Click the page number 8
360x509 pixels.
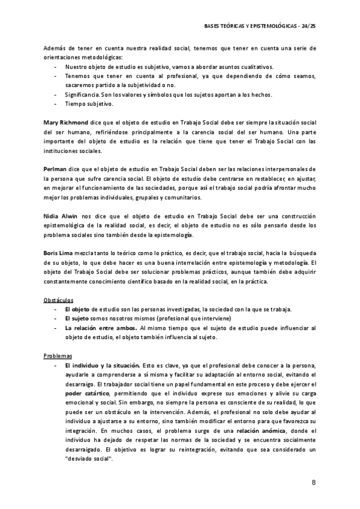pyautogui.click(x=314, y=483)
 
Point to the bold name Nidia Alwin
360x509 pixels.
pyautogui.click(x=60, y=216)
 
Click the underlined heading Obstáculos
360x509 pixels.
pyautogui.click(x=58, y=298)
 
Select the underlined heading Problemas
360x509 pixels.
pyautogui.click(x=58, y=355)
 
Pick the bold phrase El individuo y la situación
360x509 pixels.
pyautogui.click(x=103, y=365)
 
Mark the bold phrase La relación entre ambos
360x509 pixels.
pyautogui.click(x=101, y=328)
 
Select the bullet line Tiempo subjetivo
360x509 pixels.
pyautogui.click(x=89, y=104)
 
